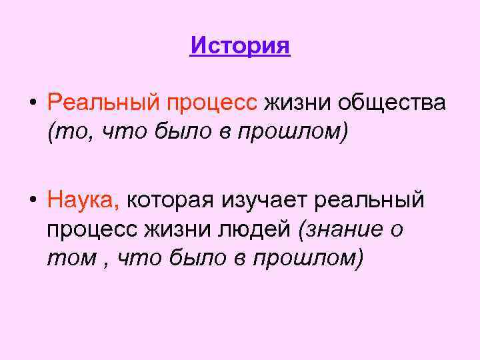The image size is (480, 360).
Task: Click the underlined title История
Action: coord(240,46)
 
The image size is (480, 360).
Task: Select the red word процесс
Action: coord(211,104)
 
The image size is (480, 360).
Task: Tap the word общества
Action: coord(391,104)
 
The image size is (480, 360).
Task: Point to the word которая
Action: coord(170,199)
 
